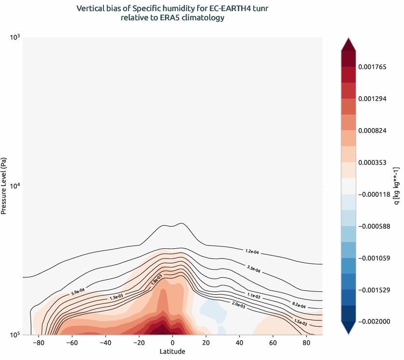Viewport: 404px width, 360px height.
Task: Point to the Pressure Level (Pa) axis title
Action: [4, 186]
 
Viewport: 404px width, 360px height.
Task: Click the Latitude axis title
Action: [172, 351]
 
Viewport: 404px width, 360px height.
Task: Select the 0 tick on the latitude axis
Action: [173, 343]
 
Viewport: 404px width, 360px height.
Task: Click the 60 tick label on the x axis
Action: [273, 343]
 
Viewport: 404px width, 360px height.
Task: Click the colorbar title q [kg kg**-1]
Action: [397, 186]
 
